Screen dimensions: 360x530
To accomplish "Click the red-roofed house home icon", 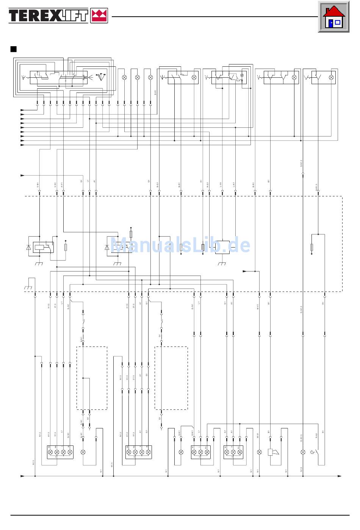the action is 333,17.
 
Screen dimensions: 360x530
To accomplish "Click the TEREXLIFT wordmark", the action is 49,16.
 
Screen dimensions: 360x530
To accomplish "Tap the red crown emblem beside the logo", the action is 99,16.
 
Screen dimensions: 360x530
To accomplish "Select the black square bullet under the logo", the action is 14,49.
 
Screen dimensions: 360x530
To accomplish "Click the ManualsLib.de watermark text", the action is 180,245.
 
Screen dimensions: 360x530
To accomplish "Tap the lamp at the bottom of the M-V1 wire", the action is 259,452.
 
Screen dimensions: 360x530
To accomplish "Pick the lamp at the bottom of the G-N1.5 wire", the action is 302,452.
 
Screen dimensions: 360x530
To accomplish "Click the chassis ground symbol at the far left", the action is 28,288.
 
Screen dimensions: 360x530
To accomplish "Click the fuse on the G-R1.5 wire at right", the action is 311,248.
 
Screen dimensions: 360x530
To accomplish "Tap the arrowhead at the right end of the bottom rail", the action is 339,476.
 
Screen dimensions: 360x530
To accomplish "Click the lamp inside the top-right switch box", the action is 331,77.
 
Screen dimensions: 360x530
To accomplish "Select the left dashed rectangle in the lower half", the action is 92,378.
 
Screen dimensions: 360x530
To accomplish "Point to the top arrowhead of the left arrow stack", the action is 22,110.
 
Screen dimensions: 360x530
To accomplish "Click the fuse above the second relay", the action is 131,234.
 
